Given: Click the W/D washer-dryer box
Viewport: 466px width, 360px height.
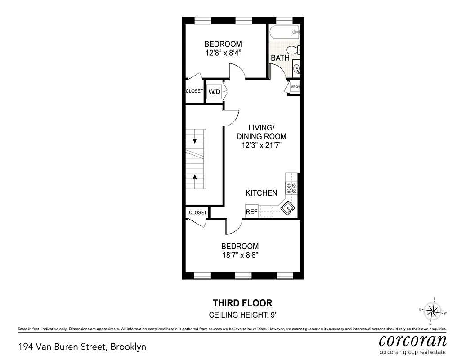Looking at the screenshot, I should tap(214, 91).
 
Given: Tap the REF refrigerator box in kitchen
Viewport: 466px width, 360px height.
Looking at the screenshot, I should tap(251, 211).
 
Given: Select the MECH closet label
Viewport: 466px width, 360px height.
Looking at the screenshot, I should tap(295, 87).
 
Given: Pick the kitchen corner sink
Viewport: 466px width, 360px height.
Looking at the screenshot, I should tap(287, 208).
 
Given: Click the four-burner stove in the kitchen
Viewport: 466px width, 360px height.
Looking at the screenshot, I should tap(291, 188).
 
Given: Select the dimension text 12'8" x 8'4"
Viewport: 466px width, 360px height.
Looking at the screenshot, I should tap(223, 53).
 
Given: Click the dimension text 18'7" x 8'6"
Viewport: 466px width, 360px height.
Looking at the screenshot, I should tap(240, 255).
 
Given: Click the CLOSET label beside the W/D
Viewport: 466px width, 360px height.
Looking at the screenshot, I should tap(194, 91).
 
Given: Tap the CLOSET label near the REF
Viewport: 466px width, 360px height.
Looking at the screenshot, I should tap(197, 212).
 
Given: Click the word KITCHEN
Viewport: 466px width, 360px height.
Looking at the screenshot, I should tap(261, 193).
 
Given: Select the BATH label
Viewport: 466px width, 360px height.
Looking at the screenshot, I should tap(280, 58).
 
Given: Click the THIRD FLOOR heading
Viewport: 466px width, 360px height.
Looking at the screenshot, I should tap(242, 303).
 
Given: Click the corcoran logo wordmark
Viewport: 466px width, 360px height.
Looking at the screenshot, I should tap(412, 340).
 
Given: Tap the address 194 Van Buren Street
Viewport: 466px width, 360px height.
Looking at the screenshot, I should tap(82, 346).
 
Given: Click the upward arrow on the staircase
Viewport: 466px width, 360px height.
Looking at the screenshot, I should tap(194, 178).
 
